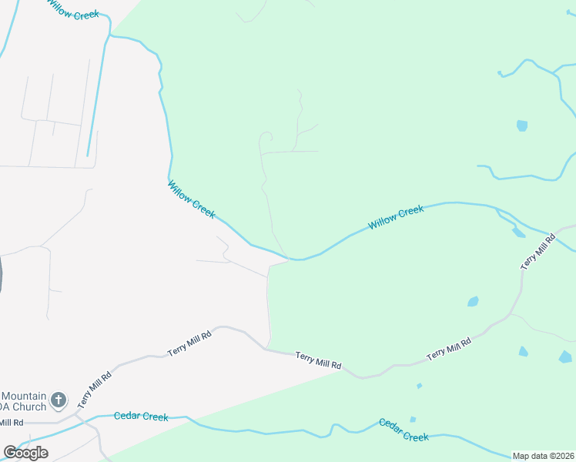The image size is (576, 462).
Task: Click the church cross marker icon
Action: coord(59,400)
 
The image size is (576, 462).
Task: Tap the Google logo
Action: coord(25,453)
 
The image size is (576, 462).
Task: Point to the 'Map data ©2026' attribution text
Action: coord(544,456)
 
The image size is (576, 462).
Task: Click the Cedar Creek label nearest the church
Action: coord(141,417)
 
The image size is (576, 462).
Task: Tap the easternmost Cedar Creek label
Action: coord(403,430)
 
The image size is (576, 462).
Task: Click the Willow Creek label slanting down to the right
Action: coord(191,199)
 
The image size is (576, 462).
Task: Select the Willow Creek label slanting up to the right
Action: coord(396,217)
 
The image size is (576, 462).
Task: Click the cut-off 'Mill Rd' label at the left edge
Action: coord(12,423)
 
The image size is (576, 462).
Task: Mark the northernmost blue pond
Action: coord(522,126)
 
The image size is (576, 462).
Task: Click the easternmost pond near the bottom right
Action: coord(566,357)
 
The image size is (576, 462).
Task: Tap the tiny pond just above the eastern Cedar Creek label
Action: coord(414,420)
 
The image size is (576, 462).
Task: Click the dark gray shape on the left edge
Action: coord(2,273)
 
